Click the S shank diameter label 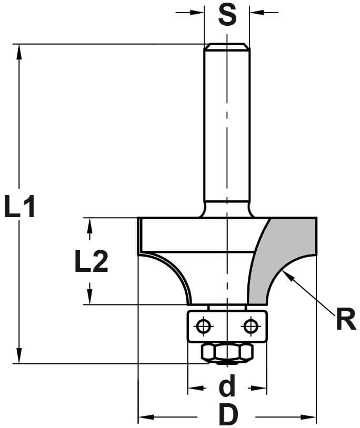(227, 15)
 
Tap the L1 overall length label (19, 207)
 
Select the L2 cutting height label (91, 261)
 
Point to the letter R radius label (345, 320)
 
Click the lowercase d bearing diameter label (227, 388)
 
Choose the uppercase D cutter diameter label (227, 416)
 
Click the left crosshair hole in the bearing (203, 327)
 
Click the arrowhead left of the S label (198, 12)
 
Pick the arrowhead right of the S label (255, 12)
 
